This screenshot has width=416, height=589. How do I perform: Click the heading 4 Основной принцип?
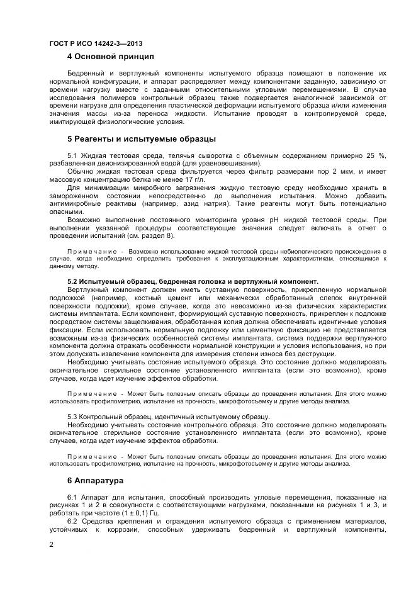click(111, 57)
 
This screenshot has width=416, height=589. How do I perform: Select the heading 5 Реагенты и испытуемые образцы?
click(141, 138)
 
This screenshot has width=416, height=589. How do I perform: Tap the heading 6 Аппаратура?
click(96, 480)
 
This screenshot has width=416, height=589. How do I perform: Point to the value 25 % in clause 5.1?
click(376, 155)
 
